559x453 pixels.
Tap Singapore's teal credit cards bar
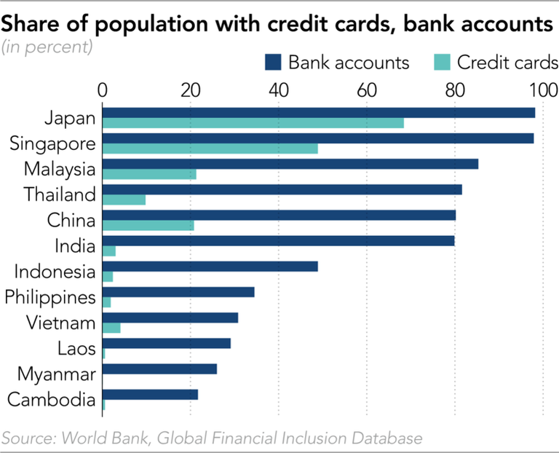pos(210,149)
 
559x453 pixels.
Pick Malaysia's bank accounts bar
pos(290,164)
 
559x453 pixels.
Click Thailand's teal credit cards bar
pos(124,200)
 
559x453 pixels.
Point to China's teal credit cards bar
pos(148,225)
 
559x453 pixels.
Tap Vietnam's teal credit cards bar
pos(111,328)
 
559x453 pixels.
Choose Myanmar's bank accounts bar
pos(159,369)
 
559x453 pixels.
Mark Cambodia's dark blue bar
pos(150,395)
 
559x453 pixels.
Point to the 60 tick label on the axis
pos(366,90)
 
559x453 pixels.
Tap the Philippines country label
pos(50,297)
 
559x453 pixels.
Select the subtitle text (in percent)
pos(47,48)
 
